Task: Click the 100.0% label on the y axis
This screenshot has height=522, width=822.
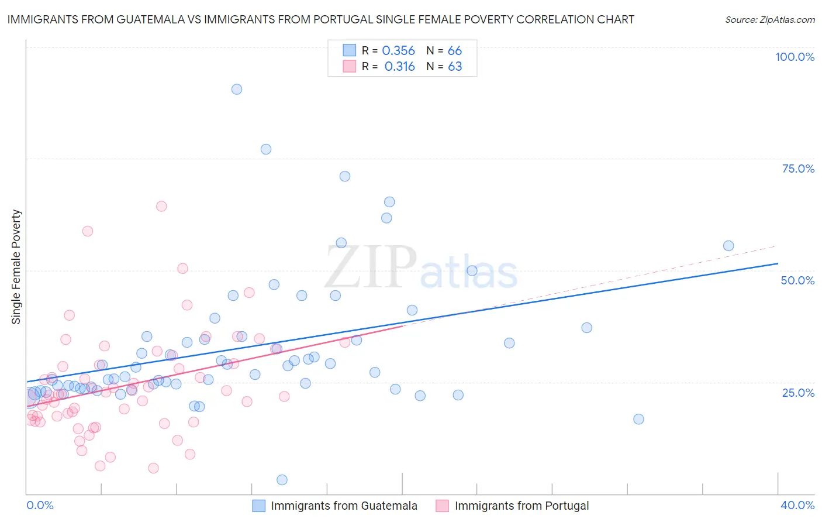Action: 795,57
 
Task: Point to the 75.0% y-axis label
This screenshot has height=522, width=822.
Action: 798,169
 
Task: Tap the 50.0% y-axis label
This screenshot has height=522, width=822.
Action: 797,280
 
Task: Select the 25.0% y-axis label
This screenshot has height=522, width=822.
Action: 798,393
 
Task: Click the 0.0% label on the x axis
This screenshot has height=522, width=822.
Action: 40,505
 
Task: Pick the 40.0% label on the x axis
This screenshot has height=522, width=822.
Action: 797,505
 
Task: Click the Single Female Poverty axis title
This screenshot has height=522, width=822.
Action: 16,267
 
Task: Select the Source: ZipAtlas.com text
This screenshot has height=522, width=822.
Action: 769,19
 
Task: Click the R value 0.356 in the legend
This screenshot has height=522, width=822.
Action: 398,51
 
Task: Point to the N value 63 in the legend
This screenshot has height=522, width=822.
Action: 455,67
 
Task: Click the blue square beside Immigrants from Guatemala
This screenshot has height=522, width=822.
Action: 258,506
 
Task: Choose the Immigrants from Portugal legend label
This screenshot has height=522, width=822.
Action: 521,506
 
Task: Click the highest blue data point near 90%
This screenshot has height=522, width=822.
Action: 237,90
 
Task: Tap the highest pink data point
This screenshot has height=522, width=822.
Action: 161,206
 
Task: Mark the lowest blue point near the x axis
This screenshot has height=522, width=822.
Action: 282,480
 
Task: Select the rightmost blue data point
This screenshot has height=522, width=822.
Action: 728,246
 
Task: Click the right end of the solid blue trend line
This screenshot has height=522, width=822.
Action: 778,264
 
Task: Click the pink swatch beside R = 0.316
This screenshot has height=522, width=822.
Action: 349,67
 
